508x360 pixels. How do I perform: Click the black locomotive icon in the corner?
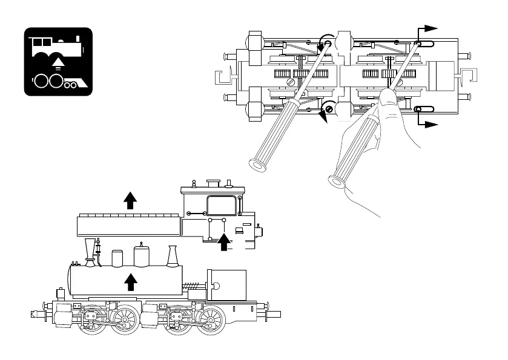pyautogui.click(x=58, y=61)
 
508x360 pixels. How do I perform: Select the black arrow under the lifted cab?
pyautogui.click(x=224, y=241)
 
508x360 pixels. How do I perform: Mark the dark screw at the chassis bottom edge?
pyautogui.click(x=329, y=110)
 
